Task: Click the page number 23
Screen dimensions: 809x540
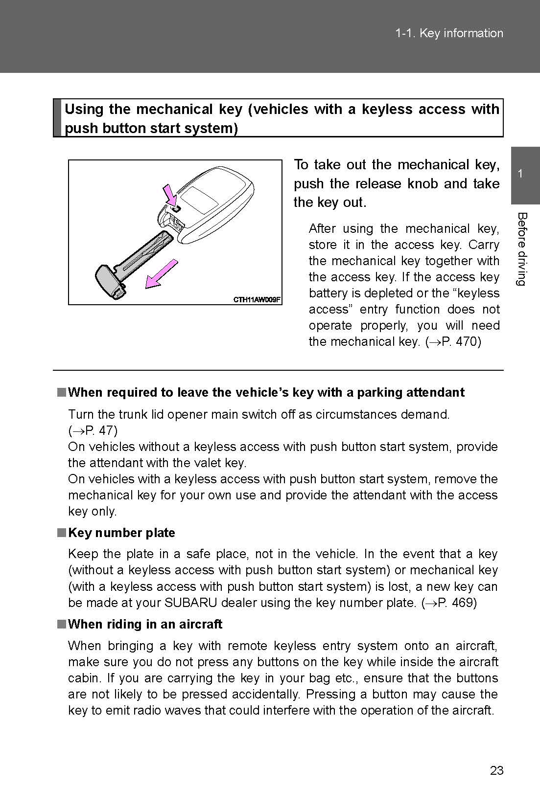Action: pos(496,770)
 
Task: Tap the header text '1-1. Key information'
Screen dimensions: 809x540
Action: pos(449,33)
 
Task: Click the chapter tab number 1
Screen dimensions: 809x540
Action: pos(520,174)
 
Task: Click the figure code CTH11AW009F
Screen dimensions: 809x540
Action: pos(257,299)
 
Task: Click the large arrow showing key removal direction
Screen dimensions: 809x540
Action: pos(162,274)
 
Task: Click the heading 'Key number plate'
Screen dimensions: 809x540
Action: pos(121,533)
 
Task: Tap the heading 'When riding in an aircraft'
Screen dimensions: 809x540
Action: pos(145,624)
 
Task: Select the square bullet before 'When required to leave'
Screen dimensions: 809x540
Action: pos(61,392)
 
